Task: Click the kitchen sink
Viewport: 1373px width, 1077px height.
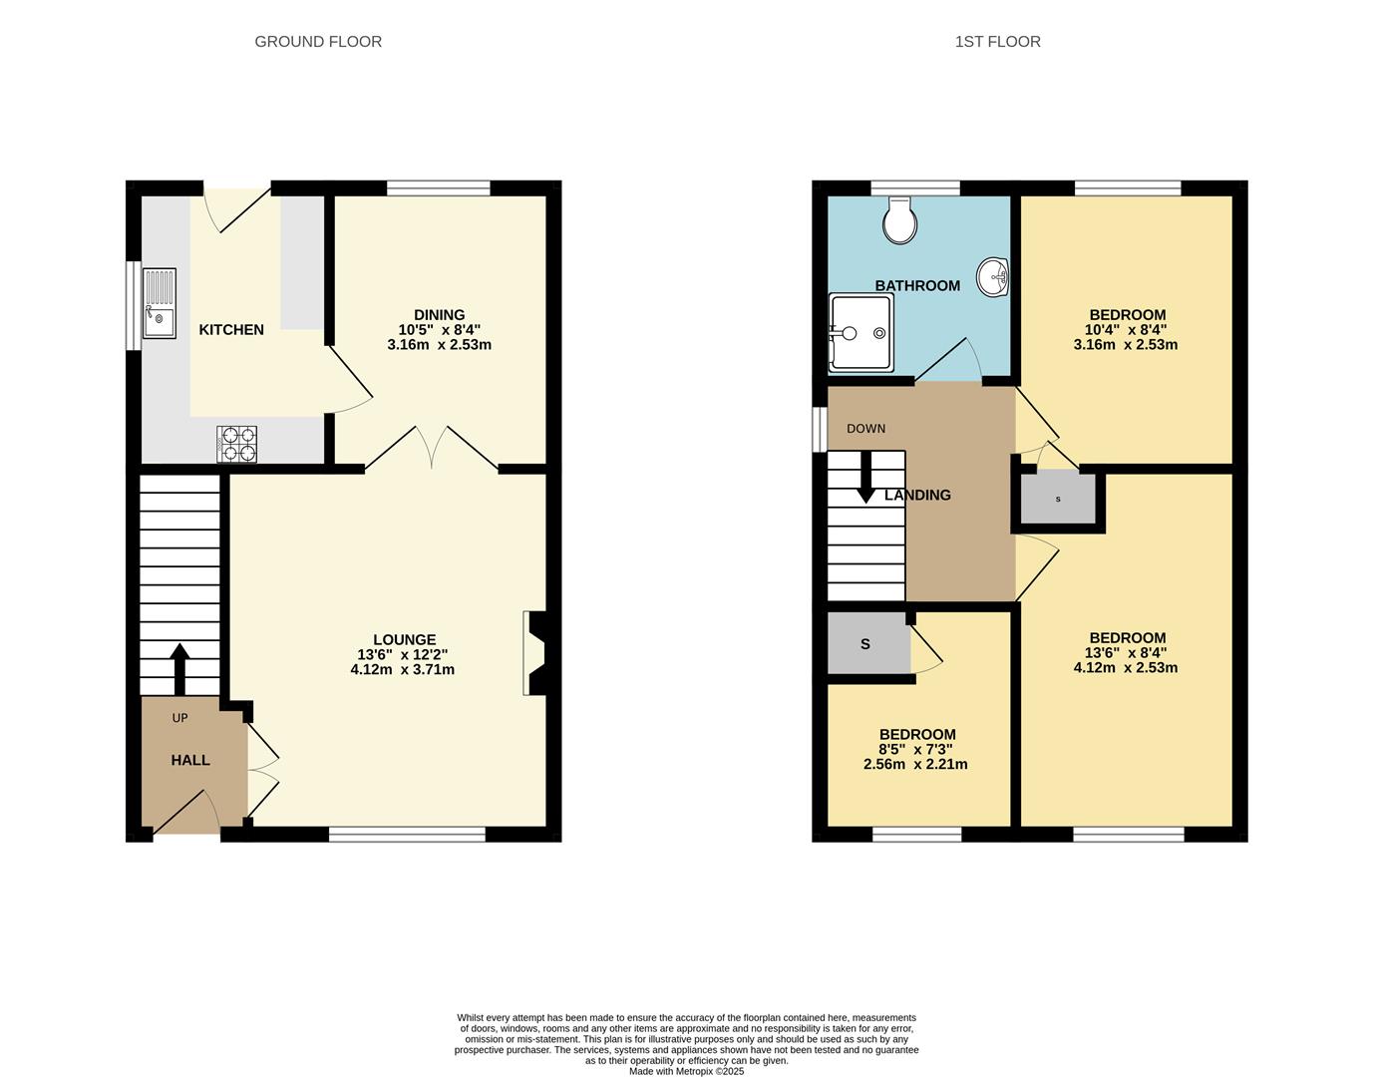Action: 159,303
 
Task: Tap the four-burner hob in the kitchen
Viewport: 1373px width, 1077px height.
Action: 236,444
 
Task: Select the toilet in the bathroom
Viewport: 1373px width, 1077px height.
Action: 899,219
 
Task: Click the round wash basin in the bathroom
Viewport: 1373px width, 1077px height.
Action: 993,277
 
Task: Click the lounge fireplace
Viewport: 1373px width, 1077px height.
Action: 534,653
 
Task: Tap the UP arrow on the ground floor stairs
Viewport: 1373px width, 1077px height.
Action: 179,668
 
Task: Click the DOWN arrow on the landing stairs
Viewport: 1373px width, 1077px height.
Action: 865,477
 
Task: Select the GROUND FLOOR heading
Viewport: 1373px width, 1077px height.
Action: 318,42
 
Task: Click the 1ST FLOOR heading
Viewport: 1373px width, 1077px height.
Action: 997,42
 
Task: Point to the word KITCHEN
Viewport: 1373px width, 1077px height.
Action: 231,330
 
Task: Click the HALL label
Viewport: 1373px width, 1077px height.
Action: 190,760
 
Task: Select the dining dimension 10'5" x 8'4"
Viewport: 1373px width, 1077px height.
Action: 439,330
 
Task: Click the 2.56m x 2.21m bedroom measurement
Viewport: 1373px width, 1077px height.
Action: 915,765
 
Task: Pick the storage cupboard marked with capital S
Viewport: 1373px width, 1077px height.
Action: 866,644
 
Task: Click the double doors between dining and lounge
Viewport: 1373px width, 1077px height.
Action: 432,449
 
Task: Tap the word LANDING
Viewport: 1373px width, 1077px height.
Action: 918,495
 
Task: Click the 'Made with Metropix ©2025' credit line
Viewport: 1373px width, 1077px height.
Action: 686,1071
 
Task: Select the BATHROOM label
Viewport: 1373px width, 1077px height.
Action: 917,286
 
